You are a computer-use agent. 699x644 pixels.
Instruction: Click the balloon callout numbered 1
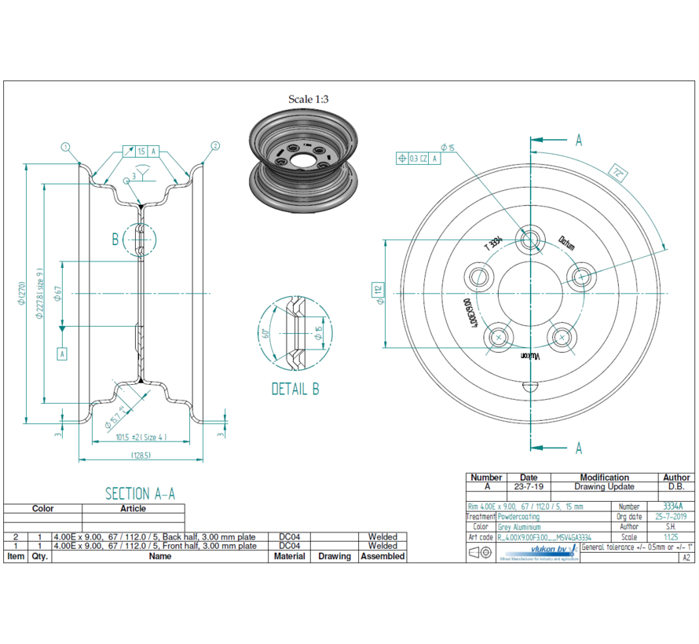point(66,146)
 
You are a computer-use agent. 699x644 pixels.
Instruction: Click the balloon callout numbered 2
point(215,146)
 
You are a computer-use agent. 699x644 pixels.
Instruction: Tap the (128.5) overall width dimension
point(141,455)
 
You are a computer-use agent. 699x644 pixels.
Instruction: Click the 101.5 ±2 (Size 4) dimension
point(141,437)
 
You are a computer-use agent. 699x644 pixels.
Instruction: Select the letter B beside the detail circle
point(115,240)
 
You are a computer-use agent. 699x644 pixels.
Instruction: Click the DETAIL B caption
point(295,389)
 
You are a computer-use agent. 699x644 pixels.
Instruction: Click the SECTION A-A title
point(140,493)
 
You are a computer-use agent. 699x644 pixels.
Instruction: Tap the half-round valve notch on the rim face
point(532,386)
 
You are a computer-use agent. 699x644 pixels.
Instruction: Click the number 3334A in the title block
point(672,507)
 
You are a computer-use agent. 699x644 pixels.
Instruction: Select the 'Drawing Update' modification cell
point(604,487)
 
